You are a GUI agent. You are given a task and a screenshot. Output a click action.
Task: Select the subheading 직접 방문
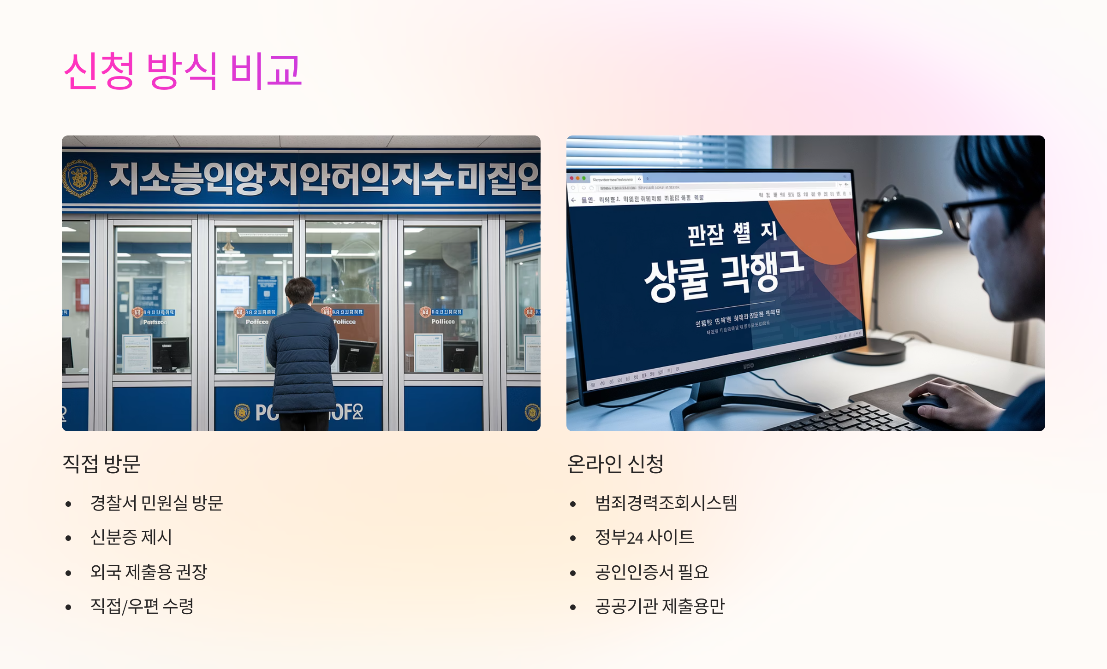point(101,464)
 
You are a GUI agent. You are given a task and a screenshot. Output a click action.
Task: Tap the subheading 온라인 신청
point(615,464)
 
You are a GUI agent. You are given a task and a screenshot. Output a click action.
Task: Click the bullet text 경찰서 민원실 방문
point(156,503)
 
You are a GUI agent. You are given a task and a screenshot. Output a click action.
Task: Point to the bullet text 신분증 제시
point(131,537)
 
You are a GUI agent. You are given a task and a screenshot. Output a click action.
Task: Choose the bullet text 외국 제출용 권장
point(149,572)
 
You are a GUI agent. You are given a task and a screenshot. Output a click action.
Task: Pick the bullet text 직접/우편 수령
point(142,606)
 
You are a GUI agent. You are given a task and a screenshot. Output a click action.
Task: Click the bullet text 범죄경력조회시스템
point(666,503)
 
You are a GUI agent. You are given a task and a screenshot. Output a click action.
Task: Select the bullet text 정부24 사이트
point(644,537)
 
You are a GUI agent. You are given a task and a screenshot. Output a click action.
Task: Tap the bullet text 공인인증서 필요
point(651,572)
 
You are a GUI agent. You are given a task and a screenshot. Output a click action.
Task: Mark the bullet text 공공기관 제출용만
point(660,606)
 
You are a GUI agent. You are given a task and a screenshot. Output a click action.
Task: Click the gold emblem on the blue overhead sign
point(80,178)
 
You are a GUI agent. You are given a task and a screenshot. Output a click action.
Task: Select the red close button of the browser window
point(571,178)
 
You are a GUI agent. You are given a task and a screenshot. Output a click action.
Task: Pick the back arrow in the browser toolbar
point(573,200)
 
